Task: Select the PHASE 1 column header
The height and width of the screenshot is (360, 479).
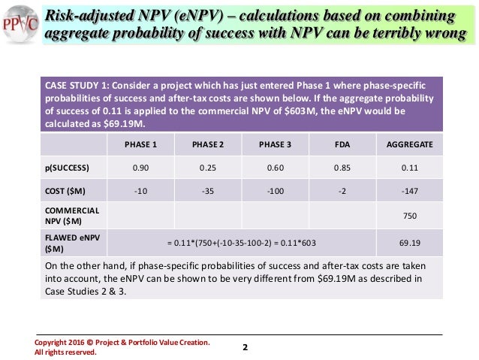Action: [x=140, y=145]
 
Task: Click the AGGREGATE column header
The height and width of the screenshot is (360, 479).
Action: [x=410, y=145]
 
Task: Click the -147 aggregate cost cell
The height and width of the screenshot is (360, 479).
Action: [x=410, y=190]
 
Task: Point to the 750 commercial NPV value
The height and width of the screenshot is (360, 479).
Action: [x=411, y=216]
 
